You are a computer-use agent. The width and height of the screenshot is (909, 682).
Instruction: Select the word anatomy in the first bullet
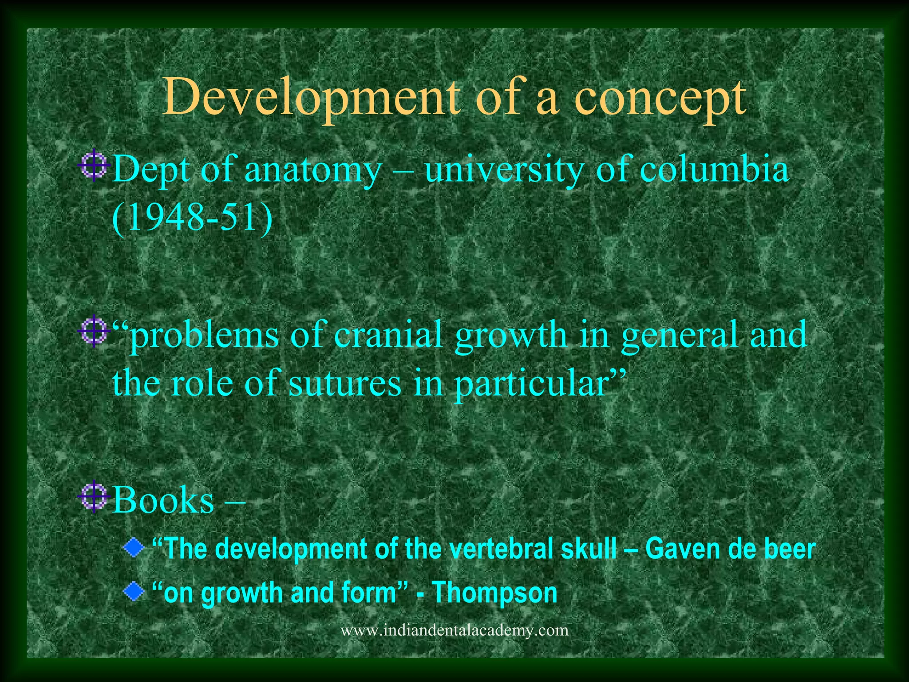click(x=313, y=170)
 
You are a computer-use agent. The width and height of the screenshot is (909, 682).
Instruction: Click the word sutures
click(x=344, y=383)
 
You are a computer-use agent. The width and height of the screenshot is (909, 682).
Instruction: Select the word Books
click(x=163, y=500)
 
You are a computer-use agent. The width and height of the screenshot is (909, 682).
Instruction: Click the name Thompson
click(x=494, y=593)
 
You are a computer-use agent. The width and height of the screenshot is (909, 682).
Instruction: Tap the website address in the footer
click(x=454, y=630)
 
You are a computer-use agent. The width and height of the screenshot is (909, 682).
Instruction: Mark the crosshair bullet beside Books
click(x=94, y=497)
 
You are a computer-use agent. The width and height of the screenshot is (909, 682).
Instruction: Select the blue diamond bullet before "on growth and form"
click(x=134, y=592)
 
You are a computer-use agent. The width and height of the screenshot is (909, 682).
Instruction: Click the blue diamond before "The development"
click(x=134, y=549)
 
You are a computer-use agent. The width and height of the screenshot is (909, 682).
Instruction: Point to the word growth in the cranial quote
click(x=511, y=335)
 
